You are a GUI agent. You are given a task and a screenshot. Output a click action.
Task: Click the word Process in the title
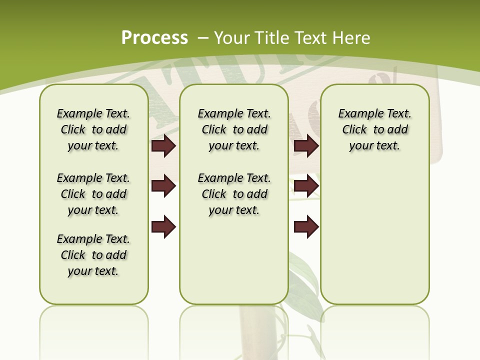(x=154, y=38)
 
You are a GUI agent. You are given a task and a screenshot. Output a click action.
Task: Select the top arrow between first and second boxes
(x=163, y=146)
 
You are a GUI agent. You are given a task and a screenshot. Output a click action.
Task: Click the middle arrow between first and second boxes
(x=163, y=186)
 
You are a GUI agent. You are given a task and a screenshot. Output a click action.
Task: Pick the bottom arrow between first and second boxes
(x=163, y=226)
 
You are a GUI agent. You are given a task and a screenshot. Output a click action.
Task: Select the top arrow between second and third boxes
(x=306, y=146)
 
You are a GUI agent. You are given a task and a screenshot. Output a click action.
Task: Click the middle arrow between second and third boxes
(x=306, y=186)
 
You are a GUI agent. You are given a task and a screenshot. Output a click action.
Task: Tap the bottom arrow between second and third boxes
(x=306, y=226)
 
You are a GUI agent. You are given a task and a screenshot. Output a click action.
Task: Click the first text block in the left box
(x=93, y=129)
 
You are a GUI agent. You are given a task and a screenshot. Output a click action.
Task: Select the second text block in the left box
(x=93, y=194)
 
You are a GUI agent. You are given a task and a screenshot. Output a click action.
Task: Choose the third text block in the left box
(x=93, y=255)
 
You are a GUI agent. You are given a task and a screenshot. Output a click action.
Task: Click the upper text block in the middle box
(x=234, y=129)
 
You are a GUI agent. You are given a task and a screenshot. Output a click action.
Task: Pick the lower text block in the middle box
(x=234, y=194)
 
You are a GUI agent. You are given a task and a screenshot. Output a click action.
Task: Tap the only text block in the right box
(x=374, y=129)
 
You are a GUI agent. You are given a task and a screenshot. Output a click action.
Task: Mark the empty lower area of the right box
(x=374, y=235)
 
